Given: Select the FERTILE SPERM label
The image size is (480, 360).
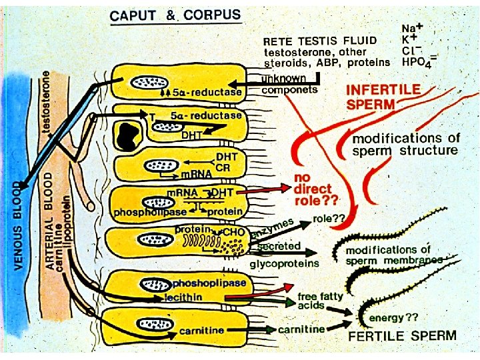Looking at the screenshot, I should click(x=403, y=335).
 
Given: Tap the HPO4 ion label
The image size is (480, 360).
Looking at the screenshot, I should click(x=418, y=62).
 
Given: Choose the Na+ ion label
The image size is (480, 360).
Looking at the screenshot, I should click(x=413, y=29).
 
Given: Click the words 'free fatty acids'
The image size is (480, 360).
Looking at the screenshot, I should click(x=321, y=300).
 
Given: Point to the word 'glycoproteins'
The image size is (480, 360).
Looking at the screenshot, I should click(x=285, y=263).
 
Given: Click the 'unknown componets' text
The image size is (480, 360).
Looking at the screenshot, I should click(x=289, y=84).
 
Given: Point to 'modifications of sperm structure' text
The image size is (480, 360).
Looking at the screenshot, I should click(x=406, y=145).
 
